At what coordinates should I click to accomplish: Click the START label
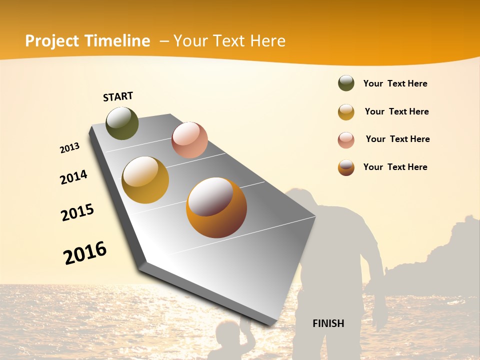pyautogui.click(x=118, y=96)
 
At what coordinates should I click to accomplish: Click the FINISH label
pyautogui.click(x=328, y=323)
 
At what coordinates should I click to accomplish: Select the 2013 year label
pyautogui.click(x=69, y=148)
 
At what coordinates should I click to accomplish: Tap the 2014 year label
pyautogui.click(x=73, y=177)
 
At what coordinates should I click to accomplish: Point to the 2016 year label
pyautogui.click(x=85, y=252)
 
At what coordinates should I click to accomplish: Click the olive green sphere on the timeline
pyautogui.click(x=122, y=123)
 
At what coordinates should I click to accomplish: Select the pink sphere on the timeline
pyautogui.click(x=189, y=139)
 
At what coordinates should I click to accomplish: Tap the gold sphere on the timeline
pyautogui.click(x=145, y=180)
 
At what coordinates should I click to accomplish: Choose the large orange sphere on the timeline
pyautogui.click(x=216, y=207)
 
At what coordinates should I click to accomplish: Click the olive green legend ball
pyautogui.click(x=346, y=83)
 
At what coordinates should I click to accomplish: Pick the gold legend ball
pyautogui.click(x=346, y=112)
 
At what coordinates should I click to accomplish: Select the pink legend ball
pyautogui.click(x=346, y=140)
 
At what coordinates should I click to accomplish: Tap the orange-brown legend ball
pyautogui.click(x=346, y=167)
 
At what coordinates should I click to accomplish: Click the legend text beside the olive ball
pyautogui.click(x=395, y=84)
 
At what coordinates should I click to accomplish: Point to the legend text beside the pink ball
pyautogui.click(x=397, y=139)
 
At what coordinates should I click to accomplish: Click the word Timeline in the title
pyautogui.click(x=117, y=41)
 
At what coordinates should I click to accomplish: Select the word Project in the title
pyautogui.click(x=52, y=41)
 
